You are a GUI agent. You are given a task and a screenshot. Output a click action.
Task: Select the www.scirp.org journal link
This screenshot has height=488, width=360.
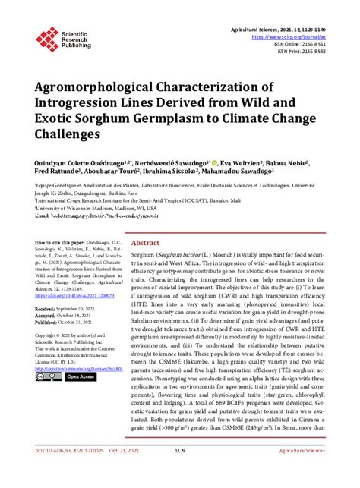tap(302, 36)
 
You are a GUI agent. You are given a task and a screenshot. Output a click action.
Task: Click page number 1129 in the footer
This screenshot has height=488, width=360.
tap(180, 471)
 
